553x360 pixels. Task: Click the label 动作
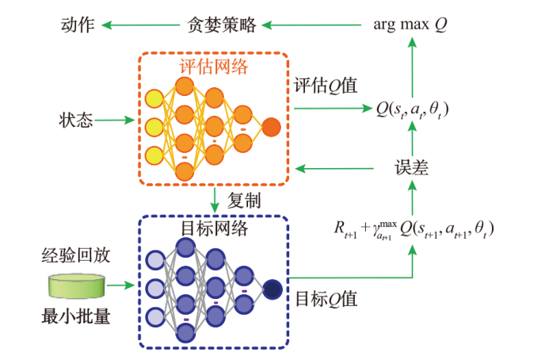[78, 25]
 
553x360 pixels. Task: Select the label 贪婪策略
[224, 25]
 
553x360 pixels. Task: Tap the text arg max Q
[410, 25]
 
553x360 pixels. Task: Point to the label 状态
[77, 121]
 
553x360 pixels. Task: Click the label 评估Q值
[325, 85]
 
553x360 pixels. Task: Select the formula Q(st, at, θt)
[413, 111]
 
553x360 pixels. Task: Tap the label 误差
[412, 167]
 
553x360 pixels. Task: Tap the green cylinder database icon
[77, 285]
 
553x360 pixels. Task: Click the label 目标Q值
[326, 299]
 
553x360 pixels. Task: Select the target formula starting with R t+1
[413, 229]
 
